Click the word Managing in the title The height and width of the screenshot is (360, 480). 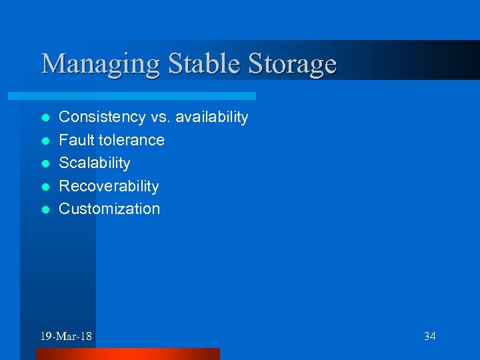click(101, 65)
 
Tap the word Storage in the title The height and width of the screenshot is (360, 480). click(293, 65)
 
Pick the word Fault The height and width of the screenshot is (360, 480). click(75, 140)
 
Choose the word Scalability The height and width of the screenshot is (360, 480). click(95, 163)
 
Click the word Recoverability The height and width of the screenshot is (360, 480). click(109, 186)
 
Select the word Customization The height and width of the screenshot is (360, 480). click(110, 209)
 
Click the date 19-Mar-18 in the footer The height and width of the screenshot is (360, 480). click(67, 336)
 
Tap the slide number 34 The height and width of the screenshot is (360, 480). click(429, 336)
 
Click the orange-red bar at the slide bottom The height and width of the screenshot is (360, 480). click(127, 354)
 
